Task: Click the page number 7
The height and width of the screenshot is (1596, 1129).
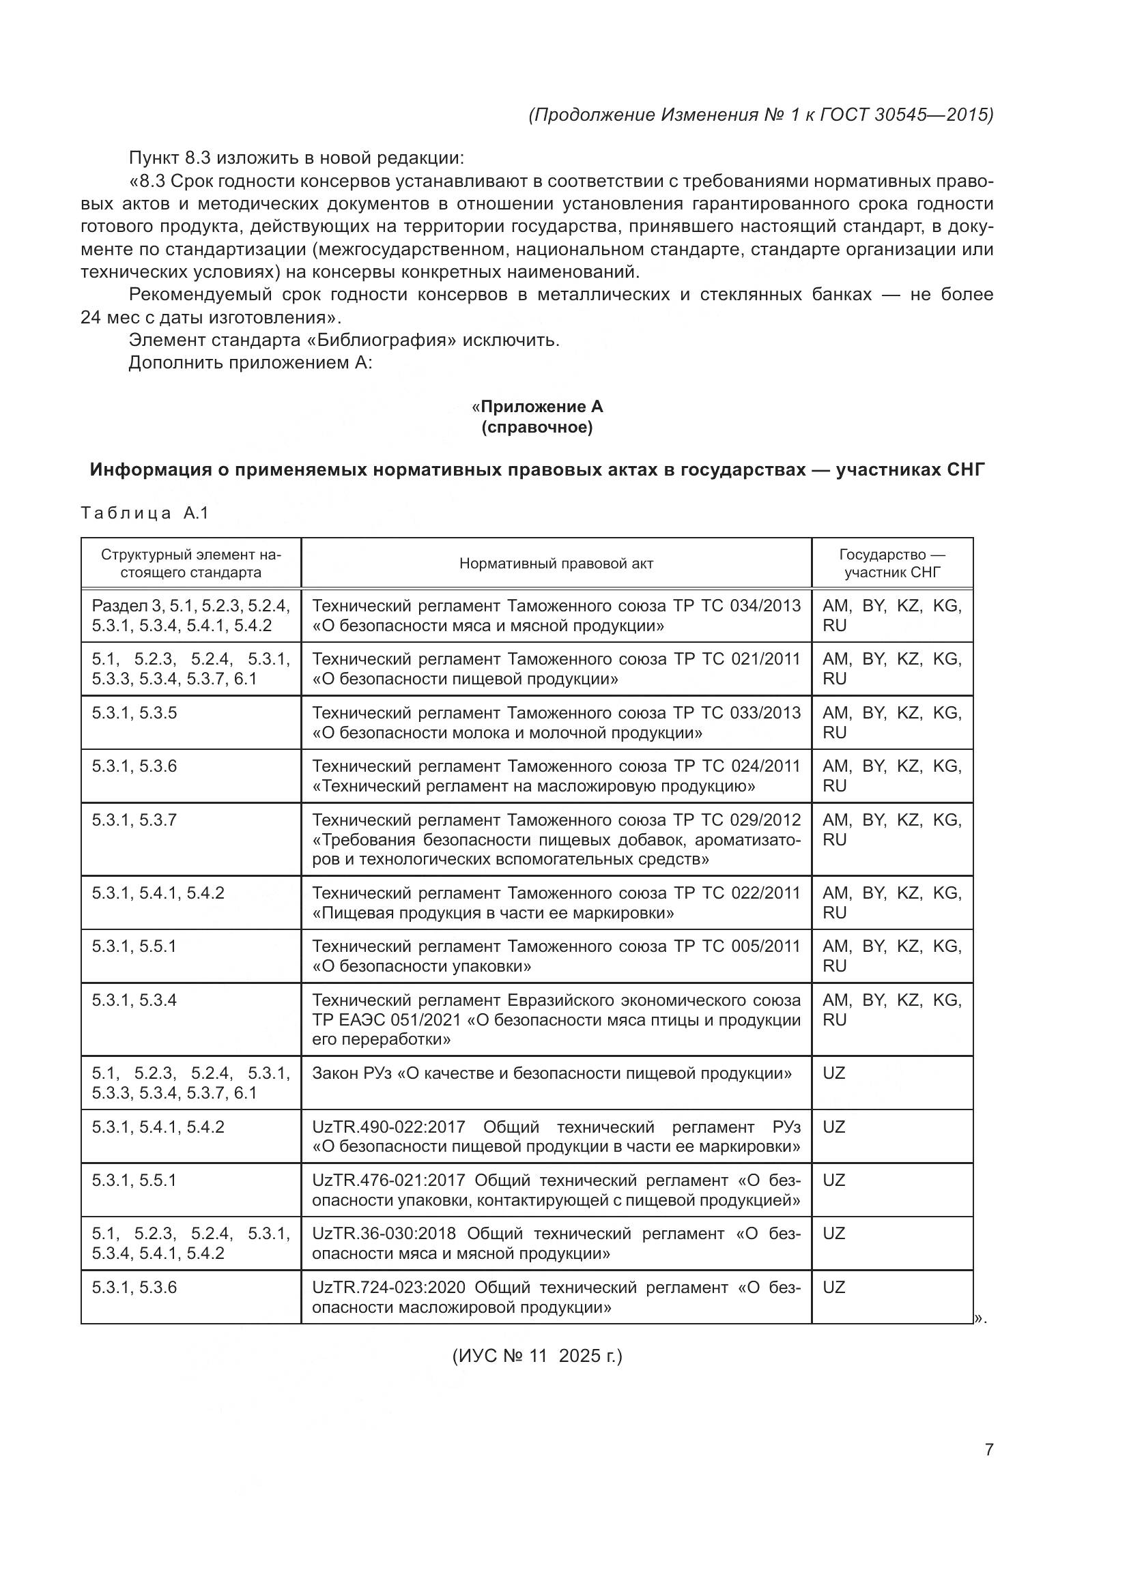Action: [988, 1449]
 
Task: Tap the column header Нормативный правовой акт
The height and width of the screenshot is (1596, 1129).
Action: [556, 564]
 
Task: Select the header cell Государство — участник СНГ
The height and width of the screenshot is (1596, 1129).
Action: [892, 564]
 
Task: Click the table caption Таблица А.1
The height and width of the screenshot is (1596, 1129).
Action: [145, 513]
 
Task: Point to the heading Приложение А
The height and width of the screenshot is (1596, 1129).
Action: [541, 407]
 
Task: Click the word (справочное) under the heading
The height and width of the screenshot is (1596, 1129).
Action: [537, 428]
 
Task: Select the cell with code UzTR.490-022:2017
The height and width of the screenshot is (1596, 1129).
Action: [556, 1137]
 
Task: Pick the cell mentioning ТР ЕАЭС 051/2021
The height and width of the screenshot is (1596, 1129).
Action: [556, 1019]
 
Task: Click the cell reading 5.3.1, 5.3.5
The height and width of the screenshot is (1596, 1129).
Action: [190, 713]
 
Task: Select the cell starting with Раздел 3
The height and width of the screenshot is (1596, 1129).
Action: [190, 615]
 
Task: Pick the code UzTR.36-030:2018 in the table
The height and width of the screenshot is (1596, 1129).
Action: [384, 1234]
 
